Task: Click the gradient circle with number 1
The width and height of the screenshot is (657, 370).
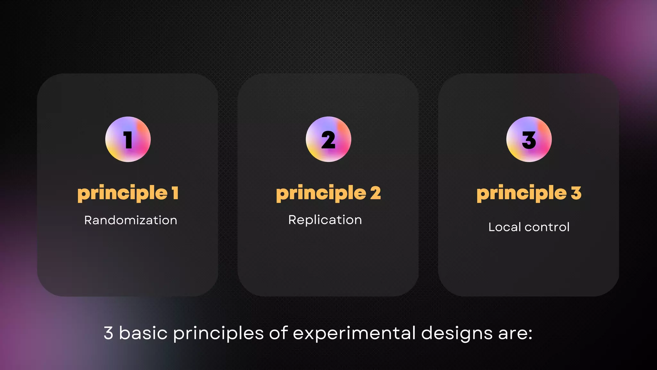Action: pos(128,139)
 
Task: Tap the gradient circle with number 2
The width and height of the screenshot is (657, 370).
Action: pos(328,139)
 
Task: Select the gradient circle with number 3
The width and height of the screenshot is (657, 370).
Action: pos(529,139)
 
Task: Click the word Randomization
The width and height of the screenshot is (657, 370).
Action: pos(131,220)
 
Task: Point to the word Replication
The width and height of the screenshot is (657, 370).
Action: pos(325,220)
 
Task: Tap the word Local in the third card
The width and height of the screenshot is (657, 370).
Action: pos(505,227)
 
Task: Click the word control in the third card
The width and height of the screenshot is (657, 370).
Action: pos(547,227)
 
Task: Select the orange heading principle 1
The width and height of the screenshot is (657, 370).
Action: pos(128,193)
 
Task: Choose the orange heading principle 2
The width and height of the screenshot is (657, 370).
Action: pos(328,193)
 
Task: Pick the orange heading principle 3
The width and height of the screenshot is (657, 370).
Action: pos(529,193)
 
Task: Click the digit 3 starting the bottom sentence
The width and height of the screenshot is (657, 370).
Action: pos(108,333)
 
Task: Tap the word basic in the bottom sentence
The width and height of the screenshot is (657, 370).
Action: pos(143,333)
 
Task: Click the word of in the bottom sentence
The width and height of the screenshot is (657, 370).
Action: pos(278,333)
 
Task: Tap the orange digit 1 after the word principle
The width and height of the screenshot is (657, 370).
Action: pos(175,193)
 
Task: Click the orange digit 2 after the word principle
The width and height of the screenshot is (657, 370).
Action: pos(375,193)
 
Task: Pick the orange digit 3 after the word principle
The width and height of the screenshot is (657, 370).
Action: pos(576,193)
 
